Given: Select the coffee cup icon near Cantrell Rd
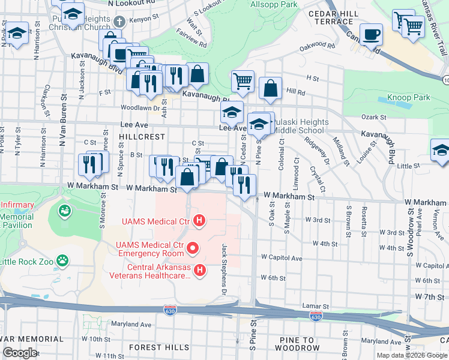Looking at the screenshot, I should coord(371,34).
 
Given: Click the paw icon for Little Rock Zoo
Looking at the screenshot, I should coord(62,260).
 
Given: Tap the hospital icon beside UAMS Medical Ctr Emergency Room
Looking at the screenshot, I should coord(193,247).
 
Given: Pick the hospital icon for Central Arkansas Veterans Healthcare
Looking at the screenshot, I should coord(200,272).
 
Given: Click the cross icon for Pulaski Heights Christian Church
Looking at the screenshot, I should coord(118,21).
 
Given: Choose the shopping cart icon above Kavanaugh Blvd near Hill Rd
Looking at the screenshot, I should coord(243,80).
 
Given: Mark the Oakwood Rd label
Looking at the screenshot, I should coord(318,45).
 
